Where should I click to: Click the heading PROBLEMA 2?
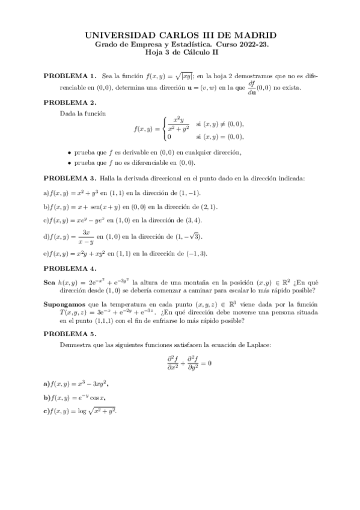pyautogui.click(x=70, y=102)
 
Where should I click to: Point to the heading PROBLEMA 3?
pyautogui.click(x=70, y=178)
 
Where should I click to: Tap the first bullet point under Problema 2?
pyautogui.click(x=70, y=153)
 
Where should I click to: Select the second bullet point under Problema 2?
pyautogui.click(x=70, y=163)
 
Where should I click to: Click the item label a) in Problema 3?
pyautogui.click(x=47, y=192)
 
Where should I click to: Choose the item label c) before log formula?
pyautogui.click(x=47, y=411)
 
